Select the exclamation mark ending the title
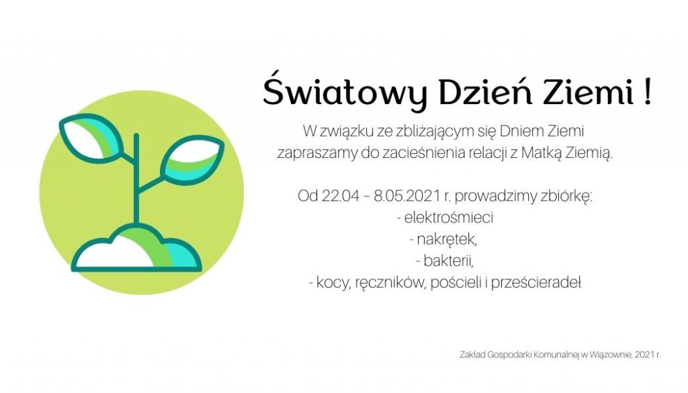click(x=646, y=92)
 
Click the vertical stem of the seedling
click(x=136, y=181)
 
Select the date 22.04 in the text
click(x=336, y=197)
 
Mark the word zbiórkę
click(x=568, y=197)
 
